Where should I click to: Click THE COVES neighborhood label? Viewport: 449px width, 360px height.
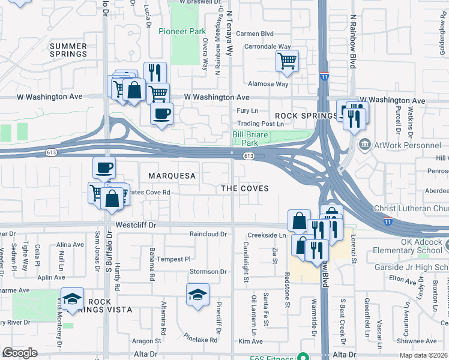pyautogui.click(x=244, y=188)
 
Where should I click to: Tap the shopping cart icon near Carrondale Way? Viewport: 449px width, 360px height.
pyautogui.click(x=288, y=60)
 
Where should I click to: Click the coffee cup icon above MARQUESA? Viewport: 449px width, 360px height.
pyautogui.click(x=104, y=167)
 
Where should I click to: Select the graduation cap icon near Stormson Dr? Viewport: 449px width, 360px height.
pyautogui.click(x=197, y=295)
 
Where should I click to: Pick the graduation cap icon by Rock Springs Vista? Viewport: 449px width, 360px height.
pyautogui.click(x=73, y=299)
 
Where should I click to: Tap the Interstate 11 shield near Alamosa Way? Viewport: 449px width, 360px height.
pyautogui.click(x=324, y=77)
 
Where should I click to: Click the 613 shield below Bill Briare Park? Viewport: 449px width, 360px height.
pyautogui.click(x=249, y=156)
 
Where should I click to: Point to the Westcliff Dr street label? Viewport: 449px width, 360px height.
pyautogui.click(x=136, y=226)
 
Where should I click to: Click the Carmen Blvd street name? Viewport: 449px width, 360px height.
pyautogui.click(x=255, y=34)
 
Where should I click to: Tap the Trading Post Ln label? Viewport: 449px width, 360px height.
pyautogui.click(x=260, y=124)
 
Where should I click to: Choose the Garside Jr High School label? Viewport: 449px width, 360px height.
pyautogui.click(x=414, y=266)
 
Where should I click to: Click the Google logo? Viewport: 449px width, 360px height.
pyautogui.click(x=20, y=353)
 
